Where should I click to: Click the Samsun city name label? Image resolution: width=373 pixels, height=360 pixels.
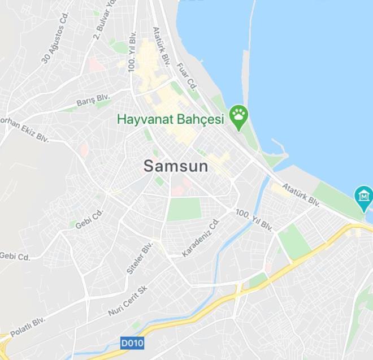click(x=175, y=166)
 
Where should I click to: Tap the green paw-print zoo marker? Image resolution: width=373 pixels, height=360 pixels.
click(x=239, y=117)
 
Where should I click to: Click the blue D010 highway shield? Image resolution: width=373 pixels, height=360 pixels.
click(x=132, y=342)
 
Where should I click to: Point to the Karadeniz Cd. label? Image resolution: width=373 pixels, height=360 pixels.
click(x=200, y=238)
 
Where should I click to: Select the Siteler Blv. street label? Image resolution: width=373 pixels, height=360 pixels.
click(x=140, y=258)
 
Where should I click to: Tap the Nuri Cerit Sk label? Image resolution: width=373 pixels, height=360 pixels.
click(x=127, y=301)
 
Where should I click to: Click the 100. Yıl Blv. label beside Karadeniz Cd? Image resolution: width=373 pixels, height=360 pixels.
click(x=254, y=220)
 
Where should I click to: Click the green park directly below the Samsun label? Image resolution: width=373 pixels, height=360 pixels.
click(x=184, y=210)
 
